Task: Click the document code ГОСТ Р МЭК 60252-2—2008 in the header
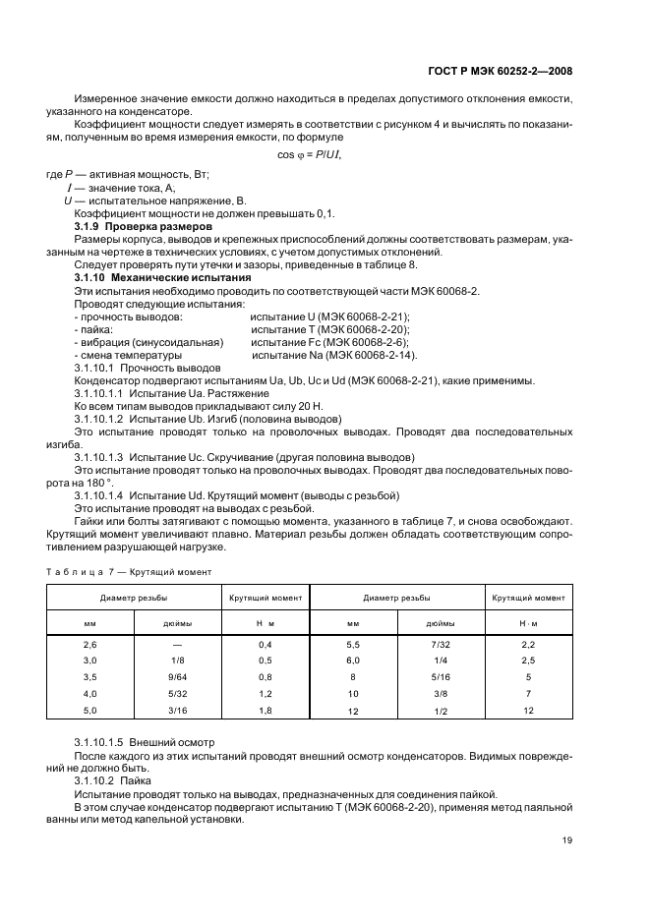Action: tap(501, 71)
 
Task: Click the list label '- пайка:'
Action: tap(93, 329)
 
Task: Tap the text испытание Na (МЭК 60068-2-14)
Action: tap(334, 355)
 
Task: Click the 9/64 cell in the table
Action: tap(177, 677)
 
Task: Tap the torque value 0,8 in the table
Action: tap(265, 677)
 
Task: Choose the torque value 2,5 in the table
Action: tap(528, 661)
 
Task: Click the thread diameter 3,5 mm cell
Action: tap(89, 677)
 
